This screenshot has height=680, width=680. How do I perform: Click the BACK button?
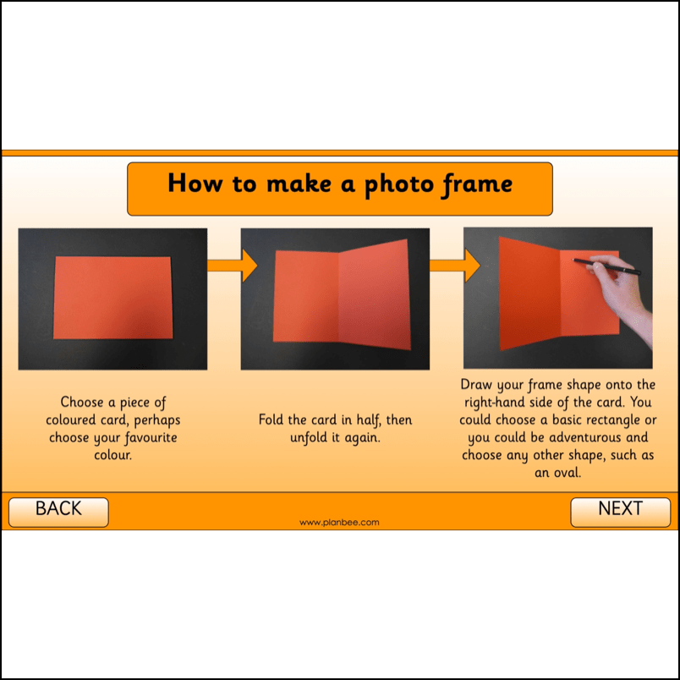point(58,513)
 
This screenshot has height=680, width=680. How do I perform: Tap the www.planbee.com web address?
point(339,522)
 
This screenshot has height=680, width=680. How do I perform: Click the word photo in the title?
point(398,184)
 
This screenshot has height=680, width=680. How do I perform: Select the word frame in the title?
point(477,184)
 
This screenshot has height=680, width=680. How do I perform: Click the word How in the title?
point(195,183)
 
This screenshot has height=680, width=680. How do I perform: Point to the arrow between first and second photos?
point(233,266)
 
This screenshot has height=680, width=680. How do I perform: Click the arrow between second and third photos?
point(455,266)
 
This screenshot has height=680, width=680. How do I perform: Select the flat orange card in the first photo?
point(112,298)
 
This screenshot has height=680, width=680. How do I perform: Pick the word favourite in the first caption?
point(151,437)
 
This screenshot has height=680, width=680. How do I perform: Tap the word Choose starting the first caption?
point(82,402)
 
